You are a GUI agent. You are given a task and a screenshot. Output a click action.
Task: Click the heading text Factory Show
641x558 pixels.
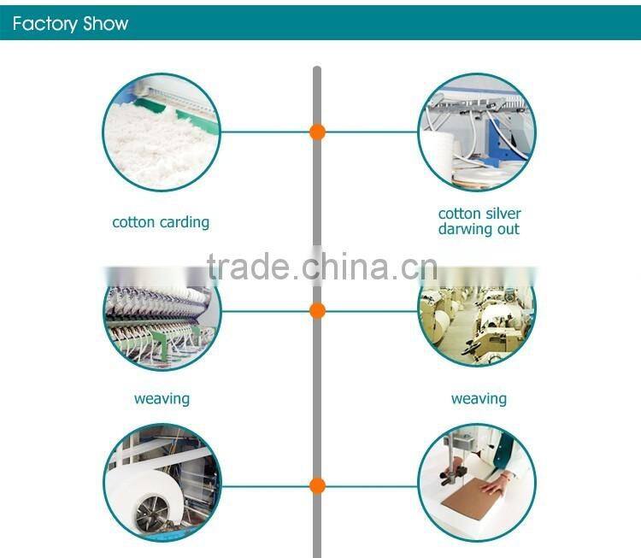(70, 23)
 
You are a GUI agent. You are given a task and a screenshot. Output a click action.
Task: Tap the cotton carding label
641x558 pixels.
(161, 222)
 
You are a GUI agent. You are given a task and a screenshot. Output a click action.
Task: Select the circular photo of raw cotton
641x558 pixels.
(162, 132)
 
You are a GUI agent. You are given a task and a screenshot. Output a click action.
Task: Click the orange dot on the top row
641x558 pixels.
(317, 132)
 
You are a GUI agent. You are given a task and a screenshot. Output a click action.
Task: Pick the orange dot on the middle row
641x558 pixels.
(317, 309)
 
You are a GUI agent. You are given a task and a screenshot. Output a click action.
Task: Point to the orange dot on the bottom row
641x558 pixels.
(317, 486)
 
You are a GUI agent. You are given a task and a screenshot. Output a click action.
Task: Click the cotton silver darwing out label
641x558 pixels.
(479, 221)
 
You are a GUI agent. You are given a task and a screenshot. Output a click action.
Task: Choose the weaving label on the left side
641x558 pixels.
(162, 399)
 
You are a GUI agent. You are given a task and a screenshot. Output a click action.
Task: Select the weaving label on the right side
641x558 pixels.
(479, 399)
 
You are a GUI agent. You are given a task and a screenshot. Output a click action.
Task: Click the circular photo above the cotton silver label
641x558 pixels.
(477, 132)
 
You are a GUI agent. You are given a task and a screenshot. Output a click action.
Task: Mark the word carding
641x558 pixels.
(185, 222)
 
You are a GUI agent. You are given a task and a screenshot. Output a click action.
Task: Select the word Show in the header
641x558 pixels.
(106, 23)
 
